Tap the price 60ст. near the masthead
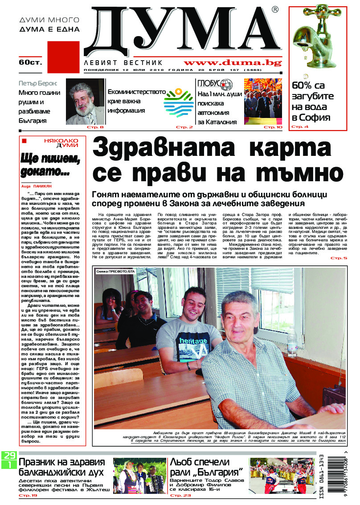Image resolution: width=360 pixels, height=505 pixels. (30, 62)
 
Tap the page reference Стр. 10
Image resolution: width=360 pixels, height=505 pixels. (273, 127)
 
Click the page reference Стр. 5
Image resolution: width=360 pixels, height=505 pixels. (339, 258)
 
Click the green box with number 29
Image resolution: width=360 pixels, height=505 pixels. (8, 455)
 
